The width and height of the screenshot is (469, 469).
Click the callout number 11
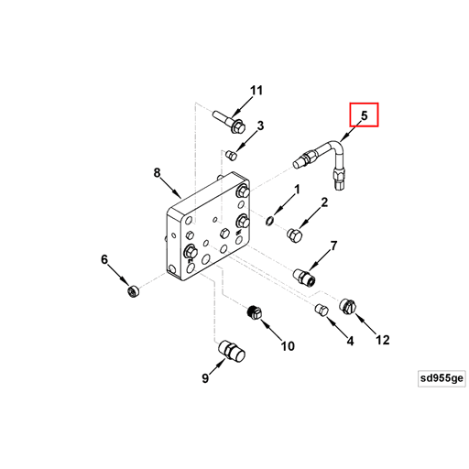[256, 91]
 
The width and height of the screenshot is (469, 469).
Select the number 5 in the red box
[365, 115]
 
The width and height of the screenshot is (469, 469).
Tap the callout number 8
[157, 173]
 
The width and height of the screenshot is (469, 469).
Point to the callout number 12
[383, 340]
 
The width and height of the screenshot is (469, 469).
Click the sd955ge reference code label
[442, 378]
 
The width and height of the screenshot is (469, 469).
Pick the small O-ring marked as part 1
[269, 221]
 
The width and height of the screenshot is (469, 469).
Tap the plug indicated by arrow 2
[295, 235]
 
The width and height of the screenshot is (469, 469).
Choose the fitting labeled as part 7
[305, 278]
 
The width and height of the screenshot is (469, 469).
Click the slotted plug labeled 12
[348, 307]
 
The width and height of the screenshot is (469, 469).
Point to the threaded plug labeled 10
[255, 312]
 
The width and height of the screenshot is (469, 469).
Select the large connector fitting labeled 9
[232, 351]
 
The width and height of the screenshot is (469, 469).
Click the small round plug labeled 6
[133, 290]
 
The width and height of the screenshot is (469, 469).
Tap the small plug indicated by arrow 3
[232, 155]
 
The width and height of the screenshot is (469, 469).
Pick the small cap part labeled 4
[322, 310]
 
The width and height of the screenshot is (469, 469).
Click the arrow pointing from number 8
[170, 188]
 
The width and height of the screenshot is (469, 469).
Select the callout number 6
[104, 259]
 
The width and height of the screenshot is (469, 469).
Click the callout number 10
[288, 346]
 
